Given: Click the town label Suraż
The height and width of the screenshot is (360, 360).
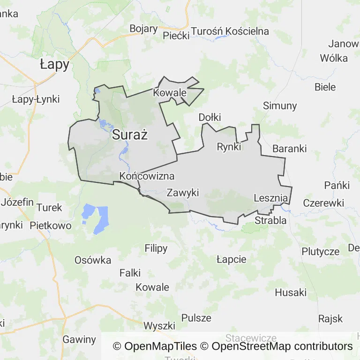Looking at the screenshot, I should click(x=130, y=136).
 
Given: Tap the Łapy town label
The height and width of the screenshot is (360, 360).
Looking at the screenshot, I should click(x=54, y=65).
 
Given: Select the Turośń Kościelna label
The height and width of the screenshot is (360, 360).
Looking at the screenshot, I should click(x=230, y=31).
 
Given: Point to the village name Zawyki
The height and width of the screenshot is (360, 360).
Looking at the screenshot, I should click(x=183, y=193).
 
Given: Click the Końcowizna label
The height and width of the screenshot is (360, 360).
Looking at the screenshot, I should click(x=147, y=176).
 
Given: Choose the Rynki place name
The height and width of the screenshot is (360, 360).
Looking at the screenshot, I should click(x=229, y=147).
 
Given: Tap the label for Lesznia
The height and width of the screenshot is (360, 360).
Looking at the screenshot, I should click(x=270, y=198).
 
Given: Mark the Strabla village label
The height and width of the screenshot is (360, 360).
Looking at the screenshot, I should click(x=270, y=220).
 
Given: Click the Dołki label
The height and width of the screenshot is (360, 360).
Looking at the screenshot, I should click(x=210, y=117).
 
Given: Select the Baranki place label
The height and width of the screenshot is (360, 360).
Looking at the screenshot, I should click(x=289, y=149).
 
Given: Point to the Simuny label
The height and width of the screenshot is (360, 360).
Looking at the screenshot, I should click(x=280, y=105).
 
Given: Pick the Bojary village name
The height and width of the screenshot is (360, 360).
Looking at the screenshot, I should click(x=143, y=29).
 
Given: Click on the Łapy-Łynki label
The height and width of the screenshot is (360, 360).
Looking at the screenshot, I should click(x=36, y=99).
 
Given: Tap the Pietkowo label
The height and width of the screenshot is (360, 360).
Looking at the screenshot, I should click(x=51, y=225).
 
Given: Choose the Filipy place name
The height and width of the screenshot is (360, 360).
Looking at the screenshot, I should click(x=156, y=248).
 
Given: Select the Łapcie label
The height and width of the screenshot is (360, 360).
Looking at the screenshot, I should click(x=232, y=259).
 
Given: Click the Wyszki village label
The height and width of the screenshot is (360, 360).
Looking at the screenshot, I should click(x=159, y=326).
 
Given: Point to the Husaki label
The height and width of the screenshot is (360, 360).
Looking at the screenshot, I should click(x=291, y=292).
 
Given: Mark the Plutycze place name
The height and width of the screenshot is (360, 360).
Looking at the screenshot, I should click(x=321, y=251).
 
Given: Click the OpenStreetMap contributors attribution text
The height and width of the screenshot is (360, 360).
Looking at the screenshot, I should click(x=282, y=346).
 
